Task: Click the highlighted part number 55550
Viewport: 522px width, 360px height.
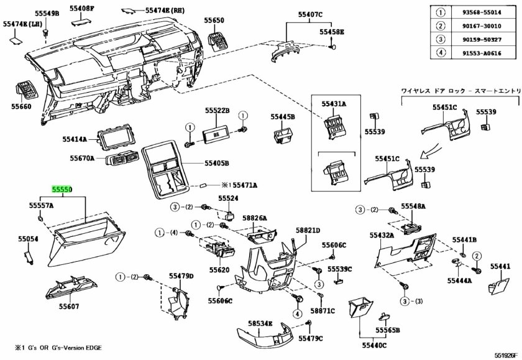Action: click(x=62, y=187)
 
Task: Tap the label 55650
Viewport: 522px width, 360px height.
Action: click(x=215, y=20)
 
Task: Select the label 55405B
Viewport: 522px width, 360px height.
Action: click(x=217, y=164)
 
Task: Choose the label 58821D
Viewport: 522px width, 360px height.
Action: click(x=308, y=231)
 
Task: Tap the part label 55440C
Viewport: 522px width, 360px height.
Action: click(x=375, y=344)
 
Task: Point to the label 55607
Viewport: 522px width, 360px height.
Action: click(x=70, y=307)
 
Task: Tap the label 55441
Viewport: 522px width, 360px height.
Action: click(x=500, y=266)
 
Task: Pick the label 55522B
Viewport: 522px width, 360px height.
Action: click(x=218, y=110)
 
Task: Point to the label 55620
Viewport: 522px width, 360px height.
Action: click(x=219, y=270)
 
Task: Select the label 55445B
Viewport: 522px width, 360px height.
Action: click(x=283, y=116)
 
